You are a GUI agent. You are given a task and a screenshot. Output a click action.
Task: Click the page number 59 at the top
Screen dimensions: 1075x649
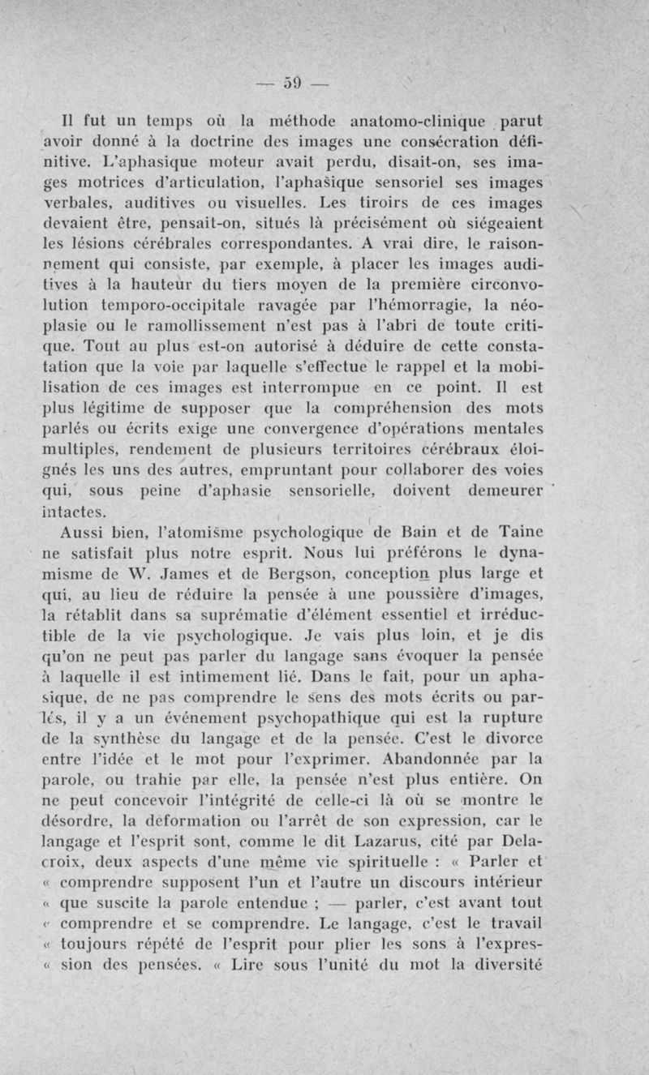pos(293,82)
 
